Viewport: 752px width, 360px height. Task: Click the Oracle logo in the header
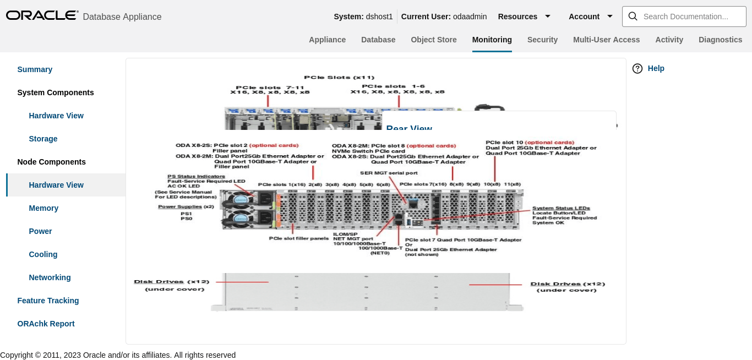pos(42,15)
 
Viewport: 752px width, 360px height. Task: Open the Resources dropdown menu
pos(524,17)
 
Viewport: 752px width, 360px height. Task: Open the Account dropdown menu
pos(591,17)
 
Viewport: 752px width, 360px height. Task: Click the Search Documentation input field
pos(685,17)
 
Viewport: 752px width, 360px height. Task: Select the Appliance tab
pos(327,40)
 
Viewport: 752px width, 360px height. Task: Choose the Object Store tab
pos(434,40)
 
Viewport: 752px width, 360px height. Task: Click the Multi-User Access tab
pos(606,40)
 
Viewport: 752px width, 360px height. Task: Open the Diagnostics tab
pos(720,40)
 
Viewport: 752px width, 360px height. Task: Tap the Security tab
pos(542,40)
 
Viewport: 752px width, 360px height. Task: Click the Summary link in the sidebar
pos(35,69)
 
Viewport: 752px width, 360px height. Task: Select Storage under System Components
pos(43,139)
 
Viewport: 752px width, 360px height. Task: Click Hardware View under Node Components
pos(56,185)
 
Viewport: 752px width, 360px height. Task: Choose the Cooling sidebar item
pos(43,254)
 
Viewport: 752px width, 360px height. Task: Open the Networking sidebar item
pos(50,277)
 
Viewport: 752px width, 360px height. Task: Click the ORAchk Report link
pos(46,324)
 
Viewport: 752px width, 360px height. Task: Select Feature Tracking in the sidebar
pos(48,301)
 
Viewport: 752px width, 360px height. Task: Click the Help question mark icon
pos(637,68)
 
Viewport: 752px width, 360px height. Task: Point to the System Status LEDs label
pos(560,208)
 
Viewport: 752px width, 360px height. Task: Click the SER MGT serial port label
pos(389,173)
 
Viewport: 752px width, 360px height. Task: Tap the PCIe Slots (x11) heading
pos(339,77)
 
